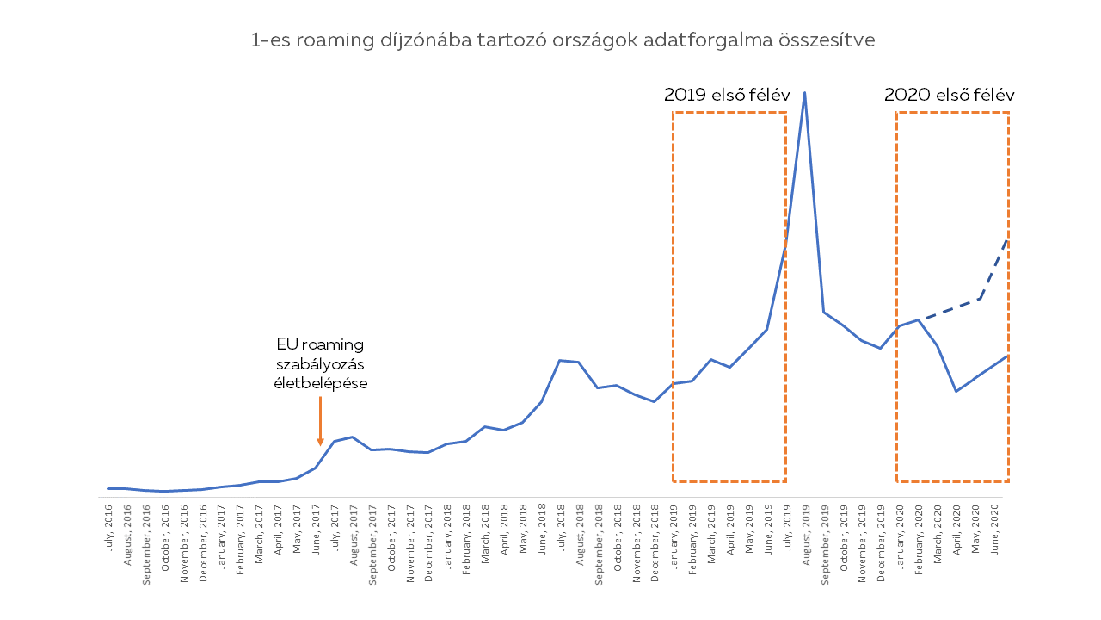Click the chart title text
[x=563, y=40]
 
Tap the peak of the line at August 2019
[x=804, y=92]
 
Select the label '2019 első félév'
[x=727, y=95]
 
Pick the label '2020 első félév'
[x=950, y=95]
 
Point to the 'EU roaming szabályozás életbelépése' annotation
[x=320, y=363]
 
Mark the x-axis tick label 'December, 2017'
[x=428, y=537]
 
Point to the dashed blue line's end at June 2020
[x=1006, y=241]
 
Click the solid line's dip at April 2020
[x=956, y=391]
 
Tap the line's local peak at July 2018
[x=560, y=360]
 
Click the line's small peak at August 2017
[x=352, y=437]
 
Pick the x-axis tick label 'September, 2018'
[x=599, y=537]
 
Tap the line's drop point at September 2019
[x=823, y=312]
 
